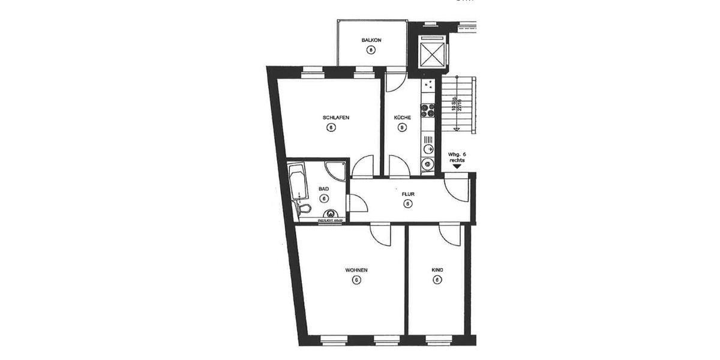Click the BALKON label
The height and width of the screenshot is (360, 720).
click(371, 40)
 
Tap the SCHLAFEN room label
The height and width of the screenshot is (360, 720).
click(336, 118)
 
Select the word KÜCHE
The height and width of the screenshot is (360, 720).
click(403, 118)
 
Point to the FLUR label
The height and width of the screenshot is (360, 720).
click(408, 194)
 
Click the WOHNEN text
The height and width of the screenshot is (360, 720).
click(356, 270)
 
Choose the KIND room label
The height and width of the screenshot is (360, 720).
click(437, 270)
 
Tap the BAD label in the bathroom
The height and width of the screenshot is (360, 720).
click(323, 188)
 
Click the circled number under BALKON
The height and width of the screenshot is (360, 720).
click(371, 50)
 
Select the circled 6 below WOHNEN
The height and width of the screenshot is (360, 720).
click(356, 280)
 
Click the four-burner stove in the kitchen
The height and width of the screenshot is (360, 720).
click(428, 110)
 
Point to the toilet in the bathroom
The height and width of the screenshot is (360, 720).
click(305, 209)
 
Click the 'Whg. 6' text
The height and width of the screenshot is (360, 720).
click(457, 154)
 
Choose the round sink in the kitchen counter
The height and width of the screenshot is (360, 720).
click(428, 163)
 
